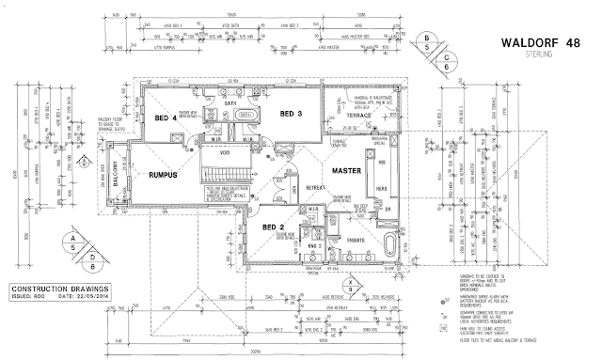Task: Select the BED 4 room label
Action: coord(166,119)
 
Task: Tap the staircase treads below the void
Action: coord(226,176)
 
